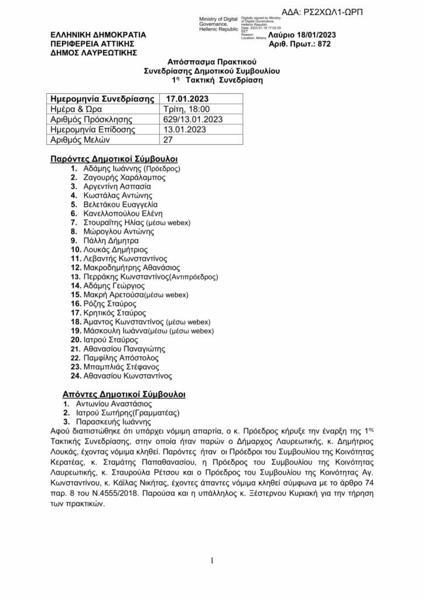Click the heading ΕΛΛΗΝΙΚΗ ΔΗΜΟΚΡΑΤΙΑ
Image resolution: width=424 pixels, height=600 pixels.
(98, 35)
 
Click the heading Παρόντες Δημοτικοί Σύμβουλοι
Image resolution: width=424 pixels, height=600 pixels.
(114, 159)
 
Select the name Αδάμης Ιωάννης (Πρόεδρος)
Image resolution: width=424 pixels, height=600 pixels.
(132, 168)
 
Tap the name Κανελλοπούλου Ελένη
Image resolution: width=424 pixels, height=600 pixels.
(123, 213)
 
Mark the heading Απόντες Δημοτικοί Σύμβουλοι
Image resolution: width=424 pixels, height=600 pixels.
(124, 394)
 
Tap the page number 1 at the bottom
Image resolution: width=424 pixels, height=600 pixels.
(212, 561)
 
